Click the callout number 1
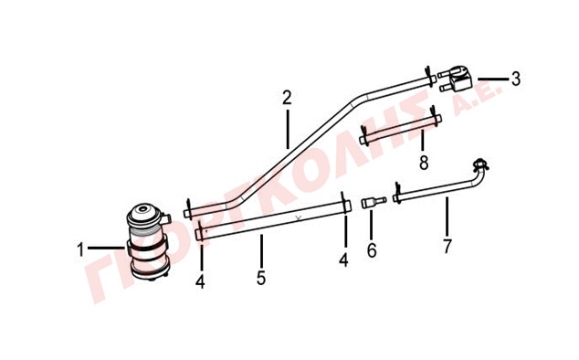[80, 249]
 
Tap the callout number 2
[287, 98]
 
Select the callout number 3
[516, 79]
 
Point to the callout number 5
[261, 278]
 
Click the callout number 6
[372, 250]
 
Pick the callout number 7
[447, 246]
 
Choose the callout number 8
[424, 163]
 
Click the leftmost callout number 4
[200, 282]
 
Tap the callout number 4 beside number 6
[343, 259]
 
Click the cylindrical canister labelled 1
[148, 242]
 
